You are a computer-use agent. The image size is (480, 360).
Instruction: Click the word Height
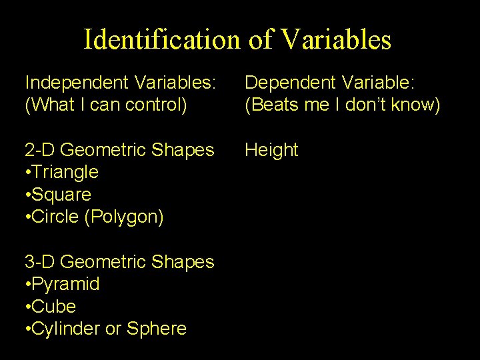271,150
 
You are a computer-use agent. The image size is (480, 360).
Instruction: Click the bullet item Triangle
65,172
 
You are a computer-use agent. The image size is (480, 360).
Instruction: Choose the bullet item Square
62,195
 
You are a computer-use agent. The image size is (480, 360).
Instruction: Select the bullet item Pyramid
66,285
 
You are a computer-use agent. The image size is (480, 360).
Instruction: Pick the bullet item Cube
55,307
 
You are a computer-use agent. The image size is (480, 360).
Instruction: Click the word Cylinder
67,329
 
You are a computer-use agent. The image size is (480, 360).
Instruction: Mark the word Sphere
157,329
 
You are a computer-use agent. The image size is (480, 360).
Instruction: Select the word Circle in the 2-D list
57,217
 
